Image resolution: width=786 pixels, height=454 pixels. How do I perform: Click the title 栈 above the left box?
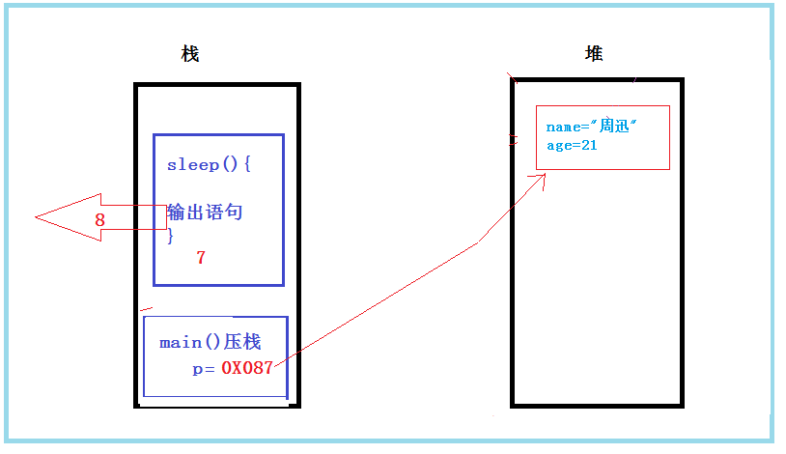[x=190, y=54]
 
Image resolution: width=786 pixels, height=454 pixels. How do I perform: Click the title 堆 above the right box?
[x=594, y=54]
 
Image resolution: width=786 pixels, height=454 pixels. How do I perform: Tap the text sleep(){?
[x=209, y=164]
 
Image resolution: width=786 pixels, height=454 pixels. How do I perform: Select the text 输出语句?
[x=205, y=212]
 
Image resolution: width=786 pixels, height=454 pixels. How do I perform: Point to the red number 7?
[x=201, y=258]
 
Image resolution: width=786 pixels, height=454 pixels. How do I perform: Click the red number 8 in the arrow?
[x=99, y=220]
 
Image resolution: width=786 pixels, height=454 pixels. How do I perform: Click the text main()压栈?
[x=210, y=342]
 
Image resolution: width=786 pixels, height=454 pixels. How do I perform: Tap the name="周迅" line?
[x=593, y=127]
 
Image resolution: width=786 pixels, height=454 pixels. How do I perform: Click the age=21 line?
[x=572, y=145]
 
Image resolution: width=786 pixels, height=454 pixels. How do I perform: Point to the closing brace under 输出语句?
[x=171, y=236]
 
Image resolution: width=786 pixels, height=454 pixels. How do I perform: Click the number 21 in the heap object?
[x=588, y=145]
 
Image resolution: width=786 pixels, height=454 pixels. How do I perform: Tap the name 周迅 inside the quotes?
[x=614, y=127]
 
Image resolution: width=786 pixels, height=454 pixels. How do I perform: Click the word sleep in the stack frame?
[x=187, y=164]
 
